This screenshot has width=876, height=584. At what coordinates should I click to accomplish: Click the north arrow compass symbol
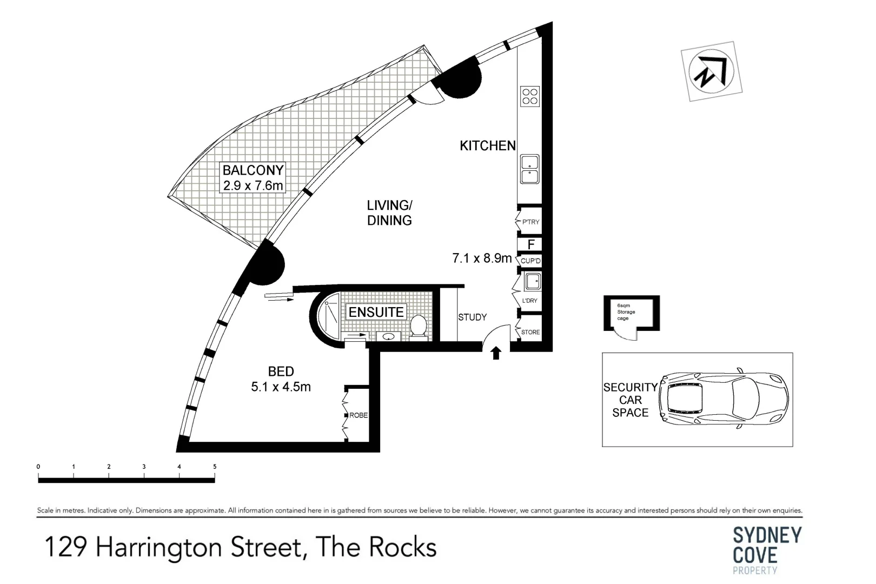[x=711, y=71]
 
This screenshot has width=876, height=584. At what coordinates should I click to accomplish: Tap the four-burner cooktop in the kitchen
[x=529, y=96]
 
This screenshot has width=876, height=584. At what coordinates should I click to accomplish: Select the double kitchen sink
[x=529, y=169]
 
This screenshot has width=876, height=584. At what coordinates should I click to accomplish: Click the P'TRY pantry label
[x=530, y=222]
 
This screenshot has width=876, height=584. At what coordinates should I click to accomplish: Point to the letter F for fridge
[x=531, y=245]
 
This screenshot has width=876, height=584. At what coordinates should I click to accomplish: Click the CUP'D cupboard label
[x=530, y=261]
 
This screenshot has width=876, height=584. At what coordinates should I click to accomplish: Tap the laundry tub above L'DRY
[x=532, y=282]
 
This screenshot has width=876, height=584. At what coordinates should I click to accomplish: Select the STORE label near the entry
[x=530, y=332]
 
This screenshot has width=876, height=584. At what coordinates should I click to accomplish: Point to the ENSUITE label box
[x=376, y=312]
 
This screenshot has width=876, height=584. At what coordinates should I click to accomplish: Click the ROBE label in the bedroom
[x=359, y=415]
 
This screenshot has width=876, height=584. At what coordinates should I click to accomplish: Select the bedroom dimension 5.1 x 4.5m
[x=281, y=387]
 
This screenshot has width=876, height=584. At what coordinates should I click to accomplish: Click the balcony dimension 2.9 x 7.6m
[x=253, y=185]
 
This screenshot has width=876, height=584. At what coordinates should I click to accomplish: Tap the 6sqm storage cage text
[x=626, y=312]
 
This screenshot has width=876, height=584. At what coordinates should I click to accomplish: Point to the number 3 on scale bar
[x=144, y=467]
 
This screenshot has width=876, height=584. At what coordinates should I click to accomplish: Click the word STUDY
[x=472, y=317]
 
